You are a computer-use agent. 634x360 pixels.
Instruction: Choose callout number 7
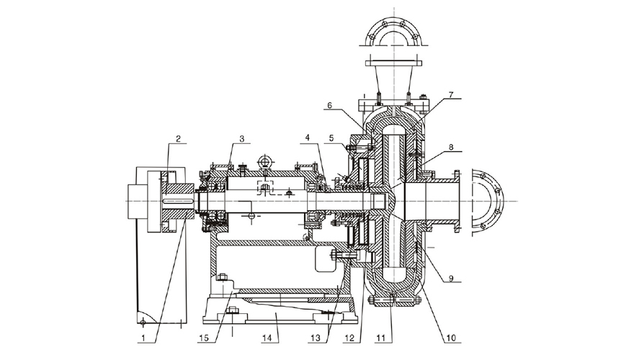tap(450, 94)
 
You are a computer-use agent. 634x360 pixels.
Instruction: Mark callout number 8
tap(450, 147)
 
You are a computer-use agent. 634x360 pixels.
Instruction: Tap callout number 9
tap(450, 274)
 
